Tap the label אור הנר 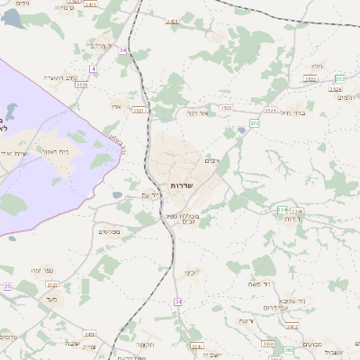click(x=197, y=115)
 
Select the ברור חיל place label click(x=293, y=113)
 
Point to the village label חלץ click(x=315, y=66)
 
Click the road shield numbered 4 click(x=93, y=68)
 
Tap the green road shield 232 click(x=255, y=122)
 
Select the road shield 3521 click(x=138, y=110)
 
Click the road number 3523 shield click(x=226, y=108)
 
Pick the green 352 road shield click(x=340, y=79)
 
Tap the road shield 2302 click(x=267, y=343)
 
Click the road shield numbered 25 click(x=5, y=286)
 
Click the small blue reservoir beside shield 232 click(x=240, y=132)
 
